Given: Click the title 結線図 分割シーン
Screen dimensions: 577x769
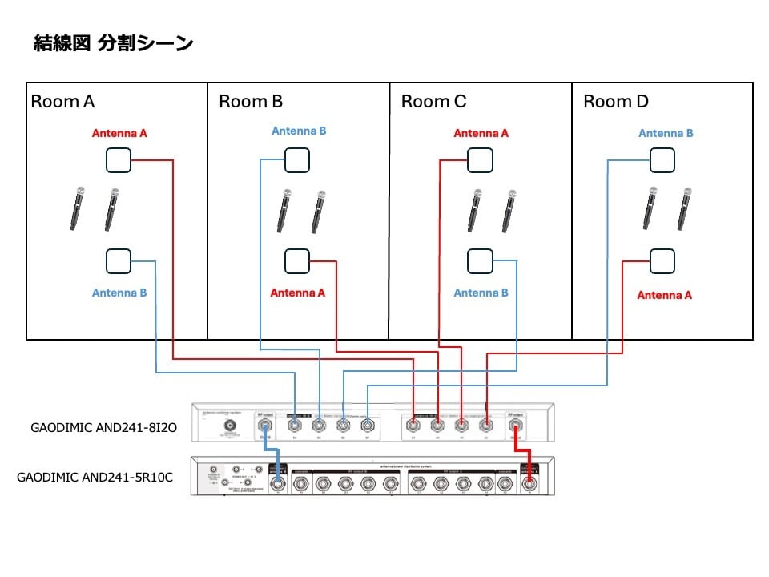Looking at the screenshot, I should (113, 43).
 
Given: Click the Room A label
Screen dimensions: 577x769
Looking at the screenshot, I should (62, 102).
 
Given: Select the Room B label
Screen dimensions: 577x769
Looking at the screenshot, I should (251, 102).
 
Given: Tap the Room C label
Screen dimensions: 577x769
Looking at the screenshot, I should (433, 102).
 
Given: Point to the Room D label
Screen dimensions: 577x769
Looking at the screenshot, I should (616, 102).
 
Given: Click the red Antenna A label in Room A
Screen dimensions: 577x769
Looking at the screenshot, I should (119, 134).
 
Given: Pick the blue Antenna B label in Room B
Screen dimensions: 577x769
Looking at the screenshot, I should (299, 131).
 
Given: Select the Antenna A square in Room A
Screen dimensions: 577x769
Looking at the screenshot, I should (119, 161).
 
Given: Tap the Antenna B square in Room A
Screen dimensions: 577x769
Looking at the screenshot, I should (119, 260).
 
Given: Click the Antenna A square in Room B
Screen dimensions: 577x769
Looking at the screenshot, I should (297, 260).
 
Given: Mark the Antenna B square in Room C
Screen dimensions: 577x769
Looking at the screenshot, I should (480, 260).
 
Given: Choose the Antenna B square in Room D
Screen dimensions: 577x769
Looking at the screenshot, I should (662, 160).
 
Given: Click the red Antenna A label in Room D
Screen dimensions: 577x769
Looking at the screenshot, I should (664, 295).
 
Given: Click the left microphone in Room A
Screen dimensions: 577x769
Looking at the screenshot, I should (78, 208).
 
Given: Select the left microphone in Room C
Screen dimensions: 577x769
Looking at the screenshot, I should (474, 210).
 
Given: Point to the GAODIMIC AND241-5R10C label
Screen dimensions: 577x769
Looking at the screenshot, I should (95, 477).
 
